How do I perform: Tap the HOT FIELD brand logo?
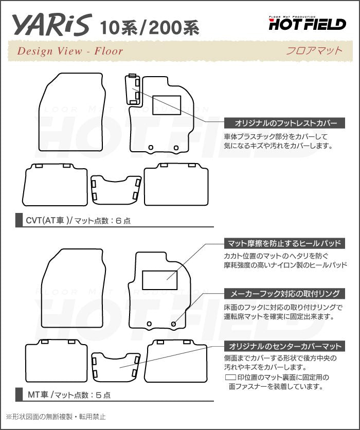click(307, 22)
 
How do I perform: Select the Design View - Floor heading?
click(70, 51)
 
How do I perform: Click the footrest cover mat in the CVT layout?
click(132, 91)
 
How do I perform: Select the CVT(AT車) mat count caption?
click(77, 221)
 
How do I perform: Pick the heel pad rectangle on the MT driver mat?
click(160, 279)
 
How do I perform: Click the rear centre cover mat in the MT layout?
click(116, 367)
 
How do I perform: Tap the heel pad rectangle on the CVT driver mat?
click(167, 105)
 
